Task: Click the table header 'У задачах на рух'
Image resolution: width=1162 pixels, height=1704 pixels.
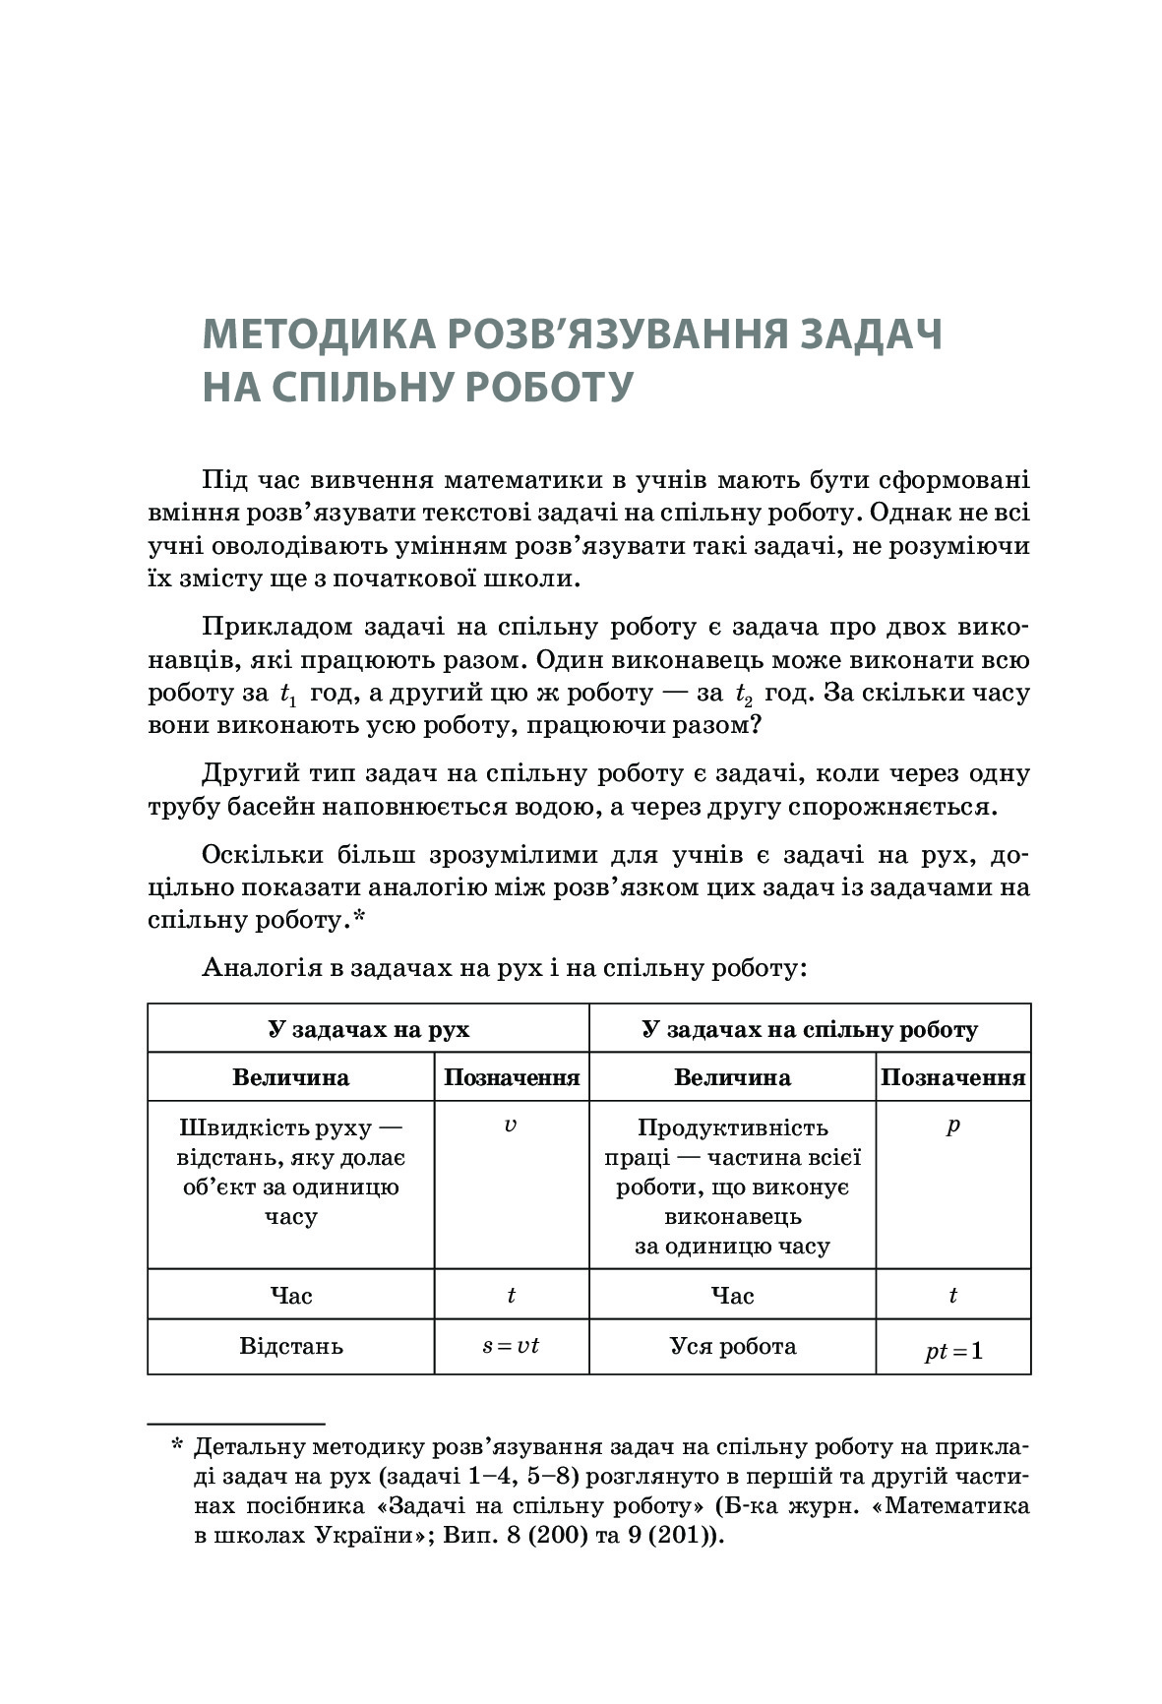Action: (368, 1029)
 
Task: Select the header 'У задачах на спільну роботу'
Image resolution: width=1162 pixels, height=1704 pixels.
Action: (810, 1029)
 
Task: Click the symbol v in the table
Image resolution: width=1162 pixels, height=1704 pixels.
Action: (510, 1125)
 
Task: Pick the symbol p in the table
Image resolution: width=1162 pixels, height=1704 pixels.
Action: (952, 1125)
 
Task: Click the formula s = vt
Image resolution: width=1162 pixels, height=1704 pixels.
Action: (511, 1345)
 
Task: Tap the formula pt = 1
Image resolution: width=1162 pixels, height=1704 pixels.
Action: (952, 1351)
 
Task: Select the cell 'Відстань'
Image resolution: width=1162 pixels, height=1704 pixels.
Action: (291, 1345)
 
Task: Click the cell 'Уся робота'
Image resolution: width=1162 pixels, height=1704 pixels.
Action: (733, 1345)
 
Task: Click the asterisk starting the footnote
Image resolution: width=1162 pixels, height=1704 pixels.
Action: (177, 1445)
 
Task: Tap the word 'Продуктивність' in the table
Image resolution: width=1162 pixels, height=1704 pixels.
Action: (733, 1127)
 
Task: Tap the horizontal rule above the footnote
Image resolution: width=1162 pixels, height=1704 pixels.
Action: (236, 1423)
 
